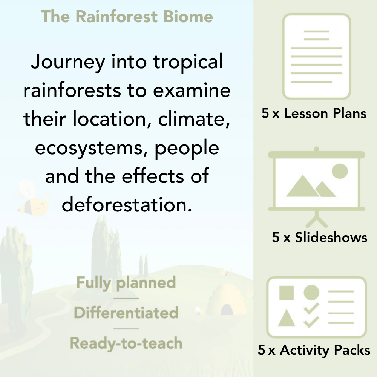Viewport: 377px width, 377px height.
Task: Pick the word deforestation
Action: [x=125, y=205]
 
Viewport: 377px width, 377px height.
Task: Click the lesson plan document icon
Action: [x=317, y=57]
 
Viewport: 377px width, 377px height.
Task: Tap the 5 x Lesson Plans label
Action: [x=314, y=113]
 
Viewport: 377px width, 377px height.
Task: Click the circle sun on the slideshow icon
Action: [x=339, y=171]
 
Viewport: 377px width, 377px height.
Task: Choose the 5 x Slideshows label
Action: [x=320, y=237]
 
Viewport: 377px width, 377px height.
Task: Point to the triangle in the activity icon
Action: [x=287, y=319]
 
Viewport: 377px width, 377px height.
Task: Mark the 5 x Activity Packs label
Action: [x=314, y=350]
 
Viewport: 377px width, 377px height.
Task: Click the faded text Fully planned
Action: [x=126, y=283]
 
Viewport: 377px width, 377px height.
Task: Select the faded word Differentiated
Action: [x=126, y=313]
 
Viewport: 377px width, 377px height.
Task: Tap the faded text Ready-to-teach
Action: [x=126, y=343]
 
